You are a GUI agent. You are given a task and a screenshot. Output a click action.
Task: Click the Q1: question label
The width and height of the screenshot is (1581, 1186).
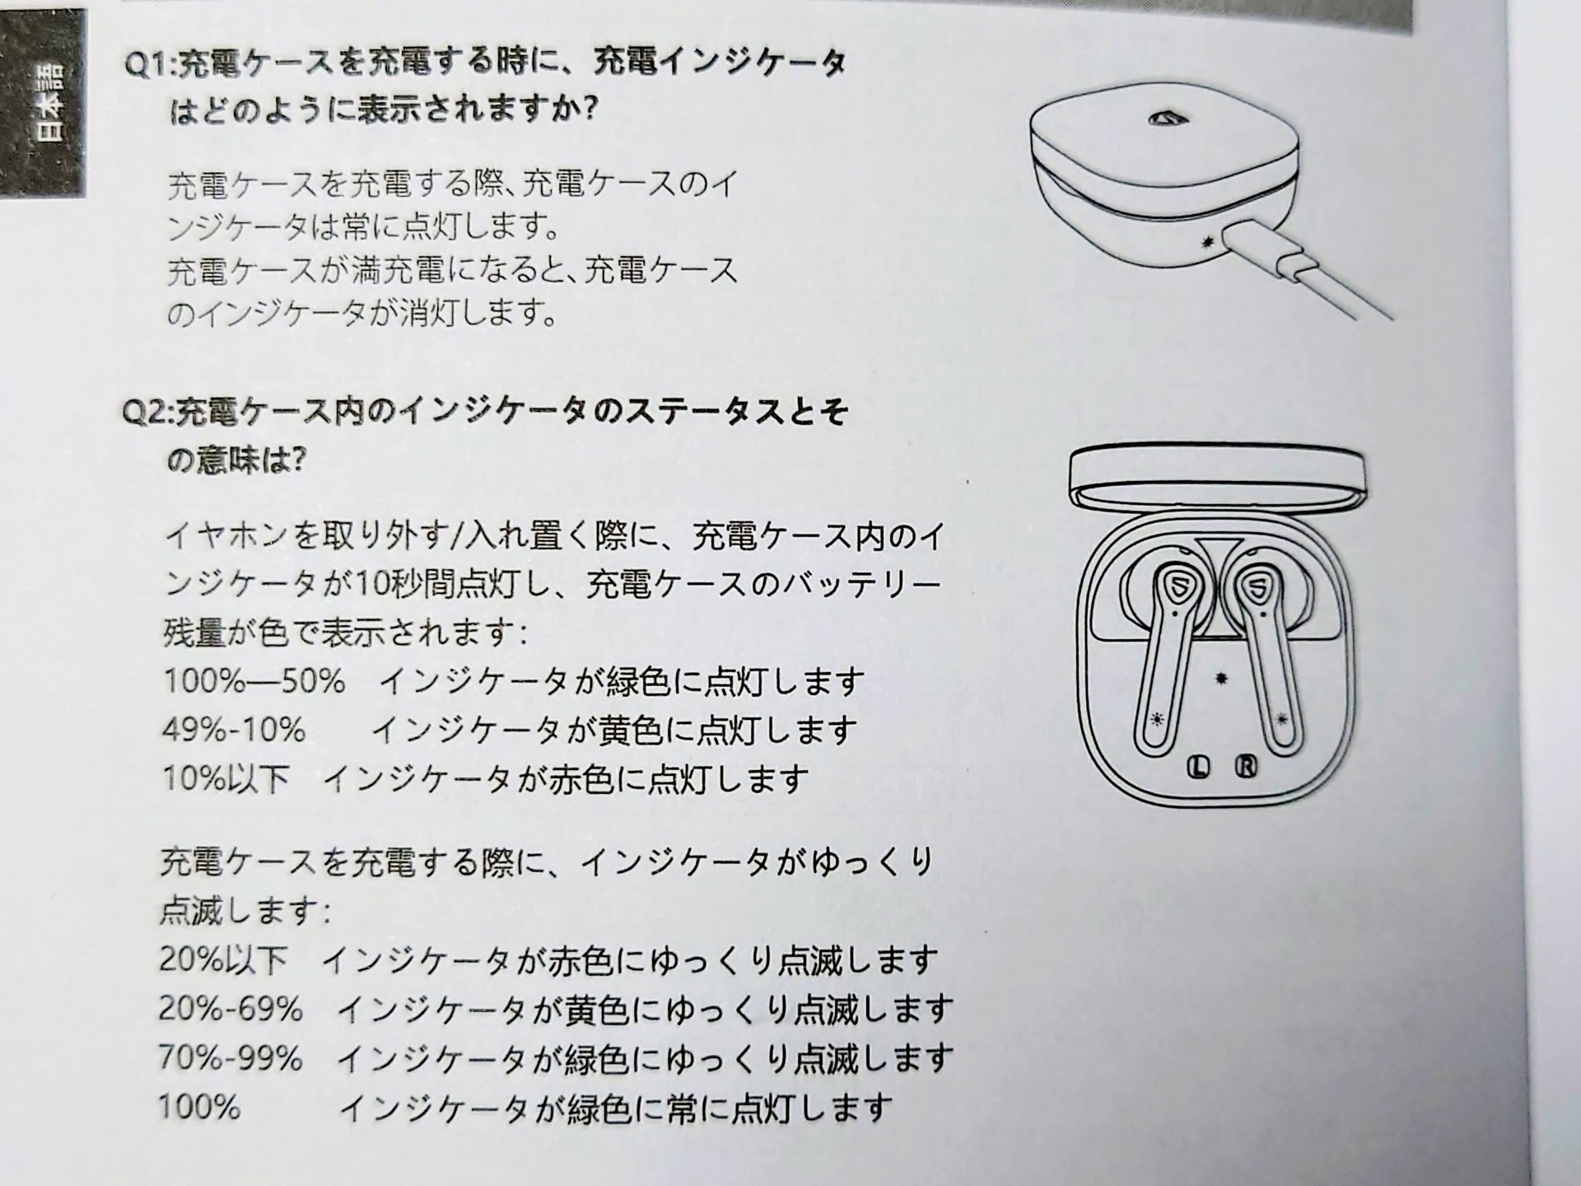(x=150, y=63)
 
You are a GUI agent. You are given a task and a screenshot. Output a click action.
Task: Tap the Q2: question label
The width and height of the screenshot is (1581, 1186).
(x=148, y=412)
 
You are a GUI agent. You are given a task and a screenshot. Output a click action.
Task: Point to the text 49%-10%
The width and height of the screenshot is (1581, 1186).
(x=234, y=730)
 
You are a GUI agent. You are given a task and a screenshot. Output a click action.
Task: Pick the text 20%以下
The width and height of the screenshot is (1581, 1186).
(x=223, y=960)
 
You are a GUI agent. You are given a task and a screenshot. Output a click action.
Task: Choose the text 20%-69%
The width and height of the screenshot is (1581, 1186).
(x=231, y=1009)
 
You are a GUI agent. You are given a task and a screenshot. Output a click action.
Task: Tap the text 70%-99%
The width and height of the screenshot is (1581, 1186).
(x=231, y=1058)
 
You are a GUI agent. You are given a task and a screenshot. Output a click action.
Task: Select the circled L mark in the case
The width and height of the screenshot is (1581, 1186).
(x=1198, y=768)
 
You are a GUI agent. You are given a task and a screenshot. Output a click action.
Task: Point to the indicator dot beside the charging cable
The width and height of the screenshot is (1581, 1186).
(x=1208, y=242)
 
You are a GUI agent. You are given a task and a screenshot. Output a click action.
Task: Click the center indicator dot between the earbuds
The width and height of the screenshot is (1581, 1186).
(x=1222, y=679)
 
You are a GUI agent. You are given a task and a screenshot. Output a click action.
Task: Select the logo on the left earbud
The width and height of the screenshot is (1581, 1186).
(x=1178, y=586)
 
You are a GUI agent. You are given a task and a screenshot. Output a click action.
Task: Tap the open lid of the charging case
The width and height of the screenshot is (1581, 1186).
(x=1217, y=479)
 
